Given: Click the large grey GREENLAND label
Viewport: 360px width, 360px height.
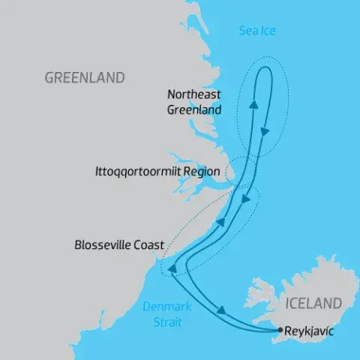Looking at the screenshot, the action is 85,78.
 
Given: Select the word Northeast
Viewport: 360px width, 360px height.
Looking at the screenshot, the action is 194,94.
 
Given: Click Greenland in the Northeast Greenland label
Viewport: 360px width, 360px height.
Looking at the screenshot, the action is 194,109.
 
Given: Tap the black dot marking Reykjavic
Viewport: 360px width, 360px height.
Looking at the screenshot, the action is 280,329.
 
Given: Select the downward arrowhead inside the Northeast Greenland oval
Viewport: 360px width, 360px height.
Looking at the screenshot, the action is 265,131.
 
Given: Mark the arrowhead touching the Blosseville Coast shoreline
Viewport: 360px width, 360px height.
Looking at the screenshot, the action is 171,268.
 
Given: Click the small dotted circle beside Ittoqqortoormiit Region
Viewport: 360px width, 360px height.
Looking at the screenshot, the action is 241,170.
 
